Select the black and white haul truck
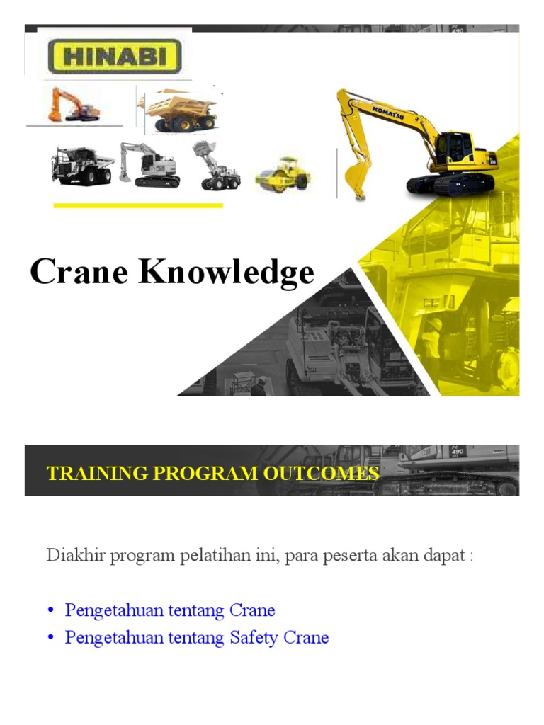[x=81, y=164]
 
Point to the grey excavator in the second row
[x=149, y=164]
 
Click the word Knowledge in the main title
[x=226, y=273]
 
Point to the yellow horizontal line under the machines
[x=138, y=206]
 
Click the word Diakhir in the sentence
[x=72, y=555]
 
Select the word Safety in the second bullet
[x=254, y=637]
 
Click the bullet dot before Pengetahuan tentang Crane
[x=51, y=611]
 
